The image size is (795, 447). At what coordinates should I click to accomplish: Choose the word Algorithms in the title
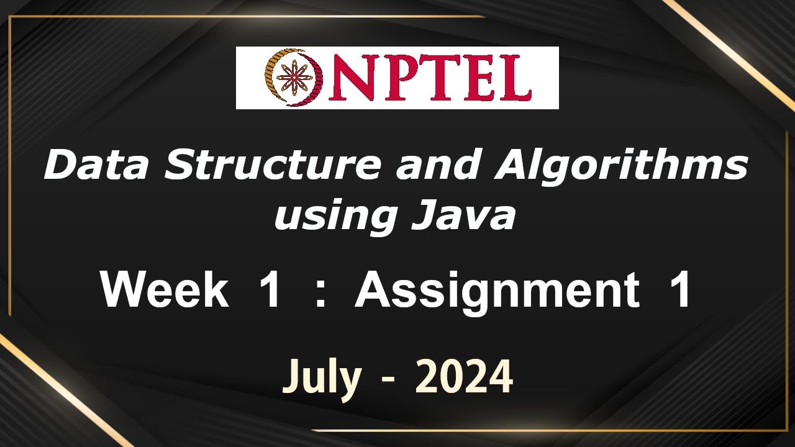click(x=621, y=166)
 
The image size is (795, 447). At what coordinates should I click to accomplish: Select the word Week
click(x=165, y=291)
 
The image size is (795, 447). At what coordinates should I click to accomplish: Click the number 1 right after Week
click(x=268, y=291)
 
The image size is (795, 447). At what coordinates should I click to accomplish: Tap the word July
click(x=322, y=377)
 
